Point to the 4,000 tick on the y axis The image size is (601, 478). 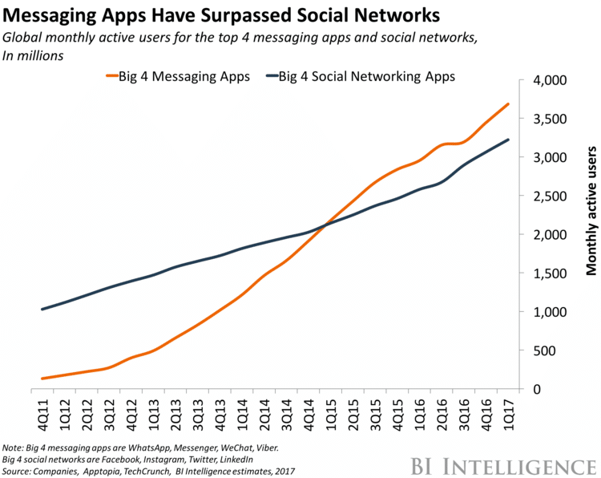click(x=546, y=81)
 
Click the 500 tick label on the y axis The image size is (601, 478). click(x=552, y=350)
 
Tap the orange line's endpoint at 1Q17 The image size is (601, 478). click(x=508, y=104)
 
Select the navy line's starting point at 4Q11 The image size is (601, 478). click(x=42, y=309)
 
